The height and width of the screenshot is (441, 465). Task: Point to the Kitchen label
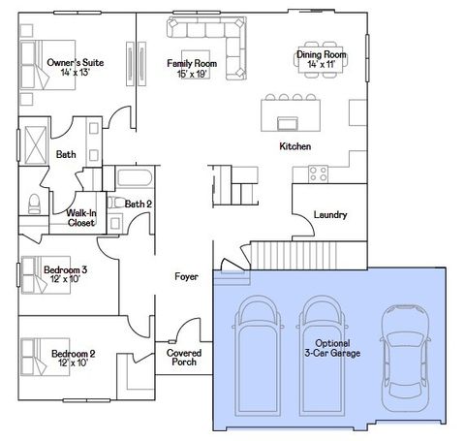pyautogui.click(x=294, y=145)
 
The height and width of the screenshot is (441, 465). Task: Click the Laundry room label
pyautogui.click(x=330, y=214)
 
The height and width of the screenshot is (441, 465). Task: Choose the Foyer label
pyautogui.click(x=186, y=276)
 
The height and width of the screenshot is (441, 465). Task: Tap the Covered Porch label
pyautogui.click(x=184, y=359)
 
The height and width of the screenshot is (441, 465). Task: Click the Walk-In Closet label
pyautogui.click(x=80, y=218)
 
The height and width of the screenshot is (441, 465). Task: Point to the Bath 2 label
pyautogui.click(x=139, y=204)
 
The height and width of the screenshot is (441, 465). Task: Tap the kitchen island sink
pyautogui.click(x=287, y=122)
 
